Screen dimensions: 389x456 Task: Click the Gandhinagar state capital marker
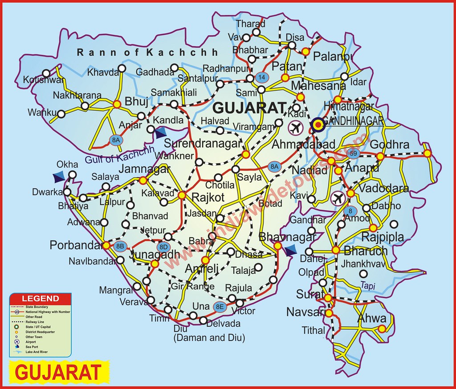click(318, 125)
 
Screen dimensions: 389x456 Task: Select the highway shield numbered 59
click(354, 154)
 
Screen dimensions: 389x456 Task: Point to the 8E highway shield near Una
click(220, 306)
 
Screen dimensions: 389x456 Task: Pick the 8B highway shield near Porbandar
click(119, 246)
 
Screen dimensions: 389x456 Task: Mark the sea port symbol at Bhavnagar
click(290, 251)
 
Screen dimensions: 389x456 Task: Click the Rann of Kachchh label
click(147, 53)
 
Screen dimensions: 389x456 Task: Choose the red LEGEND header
click(41, 298)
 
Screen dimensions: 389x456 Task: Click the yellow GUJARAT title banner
click(59, 372)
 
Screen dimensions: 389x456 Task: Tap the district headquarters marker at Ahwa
click(382, 329)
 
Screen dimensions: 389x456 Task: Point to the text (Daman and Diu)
click(209, 338)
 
